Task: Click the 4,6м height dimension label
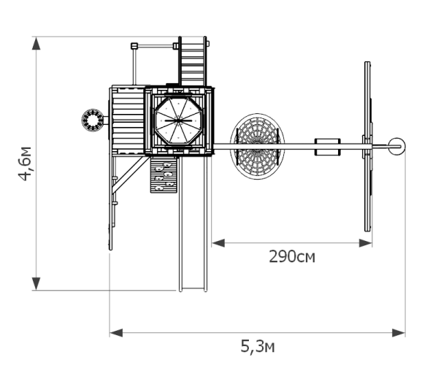click(x=25, y=164)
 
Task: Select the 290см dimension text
click(x=292, y=257)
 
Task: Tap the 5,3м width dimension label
click(x=258, y=346)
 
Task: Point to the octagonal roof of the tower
click(x=179, y=120)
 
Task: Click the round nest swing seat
click(x=257, y=147)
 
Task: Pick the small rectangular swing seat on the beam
click(x=328, y=147)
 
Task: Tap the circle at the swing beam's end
click(x=396, y=146)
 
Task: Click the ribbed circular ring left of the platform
click(x=93, y=120)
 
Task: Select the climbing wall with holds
click(x=164, y=175)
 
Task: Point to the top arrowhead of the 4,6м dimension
click(x=36, y=44)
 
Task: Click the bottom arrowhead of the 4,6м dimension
click(x=36, y=283)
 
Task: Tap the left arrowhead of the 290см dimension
click(x=218, y=243)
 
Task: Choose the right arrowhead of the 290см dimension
click(x=365, y=243)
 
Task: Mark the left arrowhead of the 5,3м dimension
click(x=116, y=333)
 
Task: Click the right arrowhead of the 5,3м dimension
click(x=399, y=333)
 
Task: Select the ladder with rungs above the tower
click(x=193, y=61)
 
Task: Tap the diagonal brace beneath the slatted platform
click(x=129, y=175)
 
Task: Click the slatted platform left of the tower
click(x=128, y=120)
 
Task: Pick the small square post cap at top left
click(x=134, y=45)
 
